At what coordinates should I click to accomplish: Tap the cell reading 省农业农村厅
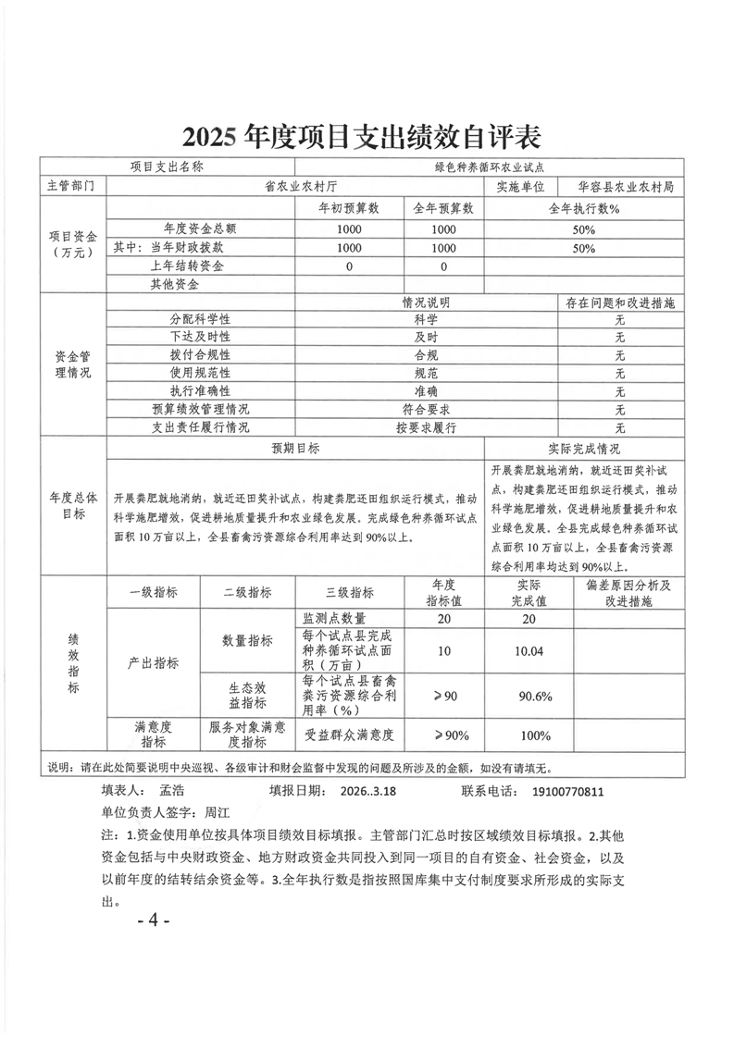point(295,186)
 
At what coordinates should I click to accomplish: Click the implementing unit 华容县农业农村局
point(623,186)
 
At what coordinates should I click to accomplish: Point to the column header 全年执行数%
point(583,208)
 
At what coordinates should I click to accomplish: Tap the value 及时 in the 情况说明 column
point(426,336)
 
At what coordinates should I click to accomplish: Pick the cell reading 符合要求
point(426,409)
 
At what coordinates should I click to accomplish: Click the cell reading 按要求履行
point(426,427)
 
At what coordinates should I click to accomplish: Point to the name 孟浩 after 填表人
point(172,792)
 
